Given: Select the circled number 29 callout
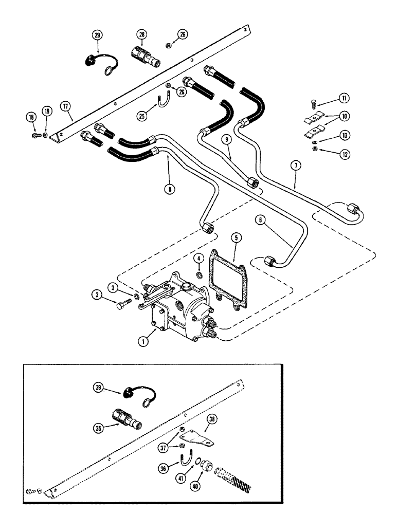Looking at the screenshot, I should click(x=98, y=35).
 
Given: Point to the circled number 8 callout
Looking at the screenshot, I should click(x=168, y=188).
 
